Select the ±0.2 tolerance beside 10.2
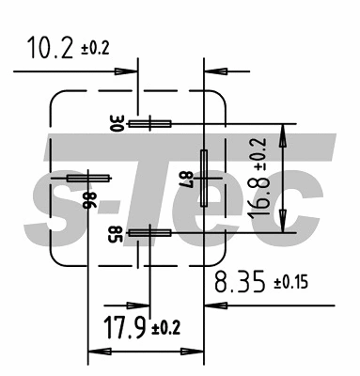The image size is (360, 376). [93, 48]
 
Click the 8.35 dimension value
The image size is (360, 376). [240, 282]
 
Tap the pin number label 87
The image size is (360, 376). [185, 177]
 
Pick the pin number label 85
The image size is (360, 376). [114, 232]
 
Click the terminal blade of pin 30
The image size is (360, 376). [149, 123]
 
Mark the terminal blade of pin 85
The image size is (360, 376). [149, 232]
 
